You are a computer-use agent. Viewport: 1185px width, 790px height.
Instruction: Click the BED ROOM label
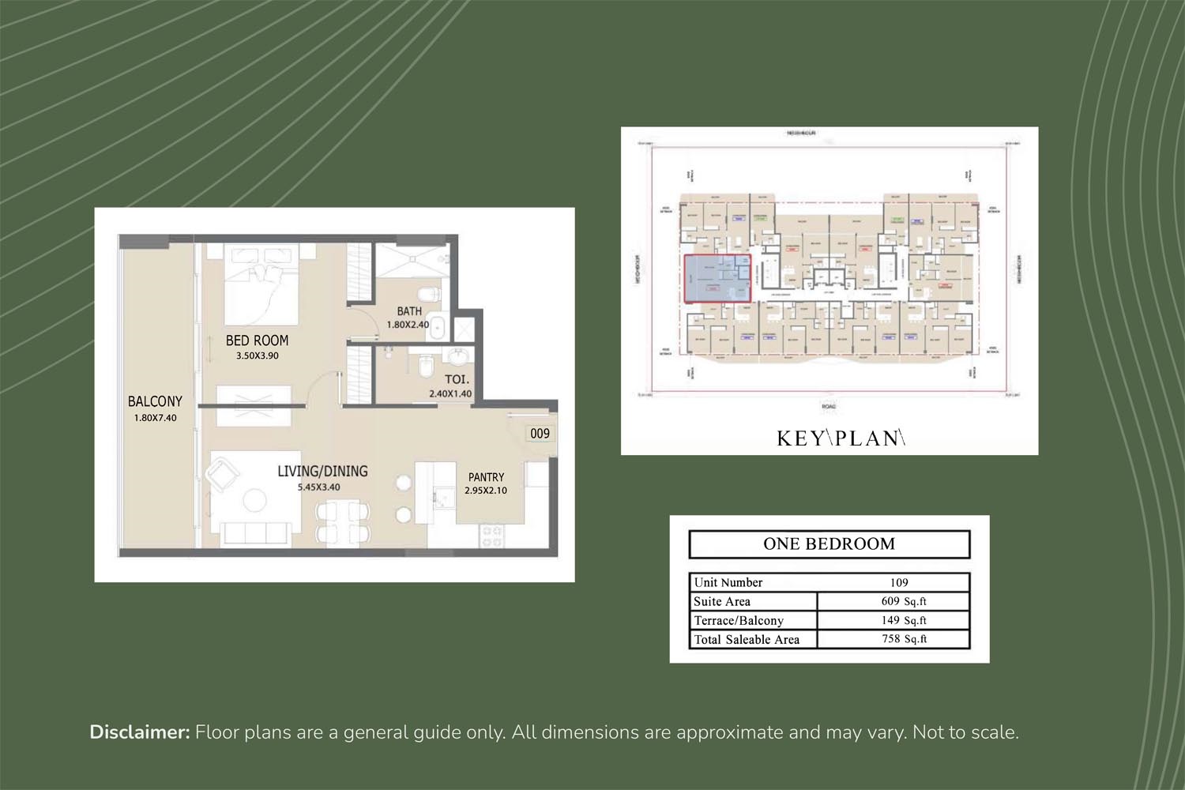(257, 340)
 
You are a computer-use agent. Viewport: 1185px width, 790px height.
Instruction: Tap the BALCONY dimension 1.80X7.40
(155, 418)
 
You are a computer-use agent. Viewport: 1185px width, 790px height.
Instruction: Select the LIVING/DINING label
(322, 472)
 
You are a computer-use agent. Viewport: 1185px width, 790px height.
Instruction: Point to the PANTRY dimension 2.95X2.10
(485, 491)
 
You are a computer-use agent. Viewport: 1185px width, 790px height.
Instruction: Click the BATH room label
(409, 311)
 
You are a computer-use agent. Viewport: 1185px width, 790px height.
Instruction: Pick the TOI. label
(456, 379)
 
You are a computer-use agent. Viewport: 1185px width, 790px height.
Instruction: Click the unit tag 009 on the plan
(540, 433)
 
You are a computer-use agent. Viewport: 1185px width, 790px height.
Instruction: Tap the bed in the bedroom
(261, 284)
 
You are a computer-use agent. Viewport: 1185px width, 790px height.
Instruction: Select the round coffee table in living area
(254, 499)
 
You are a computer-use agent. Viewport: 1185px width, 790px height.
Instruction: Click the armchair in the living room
(222, 475)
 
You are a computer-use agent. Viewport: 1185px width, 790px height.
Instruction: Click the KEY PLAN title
(840, 438)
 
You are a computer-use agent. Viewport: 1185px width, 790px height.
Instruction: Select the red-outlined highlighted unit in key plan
(717, 279)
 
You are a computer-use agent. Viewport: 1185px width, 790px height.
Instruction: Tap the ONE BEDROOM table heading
(829, 544)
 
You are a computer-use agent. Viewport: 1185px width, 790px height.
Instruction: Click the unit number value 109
(899, 583)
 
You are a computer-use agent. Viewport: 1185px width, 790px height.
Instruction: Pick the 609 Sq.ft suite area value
(903, 601)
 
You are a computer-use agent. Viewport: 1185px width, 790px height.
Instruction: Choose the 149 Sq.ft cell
(903, 620)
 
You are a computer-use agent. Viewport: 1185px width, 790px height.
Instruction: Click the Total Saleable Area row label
(747, 640)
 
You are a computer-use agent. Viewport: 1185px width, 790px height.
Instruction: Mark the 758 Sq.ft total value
(903, 639)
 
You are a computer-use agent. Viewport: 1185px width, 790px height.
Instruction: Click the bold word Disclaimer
(140, 732)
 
